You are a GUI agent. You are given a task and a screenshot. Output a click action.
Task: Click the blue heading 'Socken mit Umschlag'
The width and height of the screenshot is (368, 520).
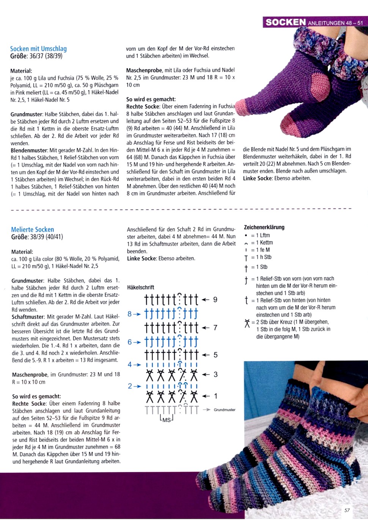tap(38, 49)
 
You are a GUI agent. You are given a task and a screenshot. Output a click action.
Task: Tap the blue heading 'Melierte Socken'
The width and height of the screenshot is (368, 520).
tap(33, 229)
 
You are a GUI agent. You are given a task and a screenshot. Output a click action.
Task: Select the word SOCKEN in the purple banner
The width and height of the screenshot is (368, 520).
tap(285, 22)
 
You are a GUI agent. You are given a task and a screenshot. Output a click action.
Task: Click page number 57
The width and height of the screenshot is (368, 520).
tap(347, 510)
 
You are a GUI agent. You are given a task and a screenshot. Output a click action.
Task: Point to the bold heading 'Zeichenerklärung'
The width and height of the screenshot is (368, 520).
tap(264, 227)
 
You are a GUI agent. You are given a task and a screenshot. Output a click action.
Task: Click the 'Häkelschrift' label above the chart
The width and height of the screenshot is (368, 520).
tap(140, 287)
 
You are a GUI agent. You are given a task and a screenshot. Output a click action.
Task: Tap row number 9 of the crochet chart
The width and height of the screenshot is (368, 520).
tap(215, 300)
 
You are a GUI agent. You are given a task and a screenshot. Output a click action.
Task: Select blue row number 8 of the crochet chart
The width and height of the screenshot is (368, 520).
tap(129, 314)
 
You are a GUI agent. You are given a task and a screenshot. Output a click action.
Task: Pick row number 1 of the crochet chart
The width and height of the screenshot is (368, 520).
tap(215, 396)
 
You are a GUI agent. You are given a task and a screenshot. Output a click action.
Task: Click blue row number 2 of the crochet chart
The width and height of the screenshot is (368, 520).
tap(130, 386)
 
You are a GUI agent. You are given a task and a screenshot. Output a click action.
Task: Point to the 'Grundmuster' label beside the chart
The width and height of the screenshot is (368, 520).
tap(225, 410)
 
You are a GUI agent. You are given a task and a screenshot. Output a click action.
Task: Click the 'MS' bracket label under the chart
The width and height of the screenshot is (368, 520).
tap(167, 420)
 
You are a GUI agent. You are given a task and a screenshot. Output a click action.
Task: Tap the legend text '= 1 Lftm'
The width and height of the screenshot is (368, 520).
tap(261, 235)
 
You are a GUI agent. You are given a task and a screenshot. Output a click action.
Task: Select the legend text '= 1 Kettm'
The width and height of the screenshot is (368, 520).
tap(262, 243)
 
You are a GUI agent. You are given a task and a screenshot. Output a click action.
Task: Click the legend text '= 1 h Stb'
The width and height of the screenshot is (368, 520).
tap(261, 257)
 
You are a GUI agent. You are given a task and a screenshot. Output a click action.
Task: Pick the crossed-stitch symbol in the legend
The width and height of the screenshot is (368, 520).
tap(247, 323)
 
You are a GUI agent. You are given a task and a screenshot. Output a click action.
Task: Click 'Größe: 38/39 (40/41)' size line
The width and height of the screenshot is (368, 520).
tap(37, 237)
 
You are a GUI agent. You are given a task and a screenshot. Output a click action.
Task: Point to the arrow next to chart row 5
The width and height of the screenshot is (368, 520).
tap(206, 355)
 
